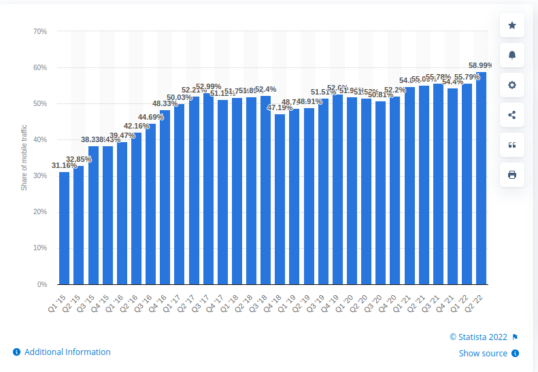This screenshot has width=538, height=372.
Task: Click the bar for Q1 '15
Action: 64,228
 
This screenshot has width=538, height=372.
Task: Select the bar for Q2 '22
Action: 482,178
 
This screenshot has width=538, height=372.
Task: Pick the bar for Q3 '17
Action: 208,188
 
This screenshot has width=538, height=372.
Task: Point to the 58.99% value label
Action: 480,65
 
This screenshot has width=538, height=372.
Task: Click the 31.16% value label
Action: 64,165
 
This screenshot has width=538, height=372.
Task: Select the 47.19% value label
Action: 280,107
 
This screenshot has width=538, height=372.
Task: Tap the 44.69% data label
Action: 150,117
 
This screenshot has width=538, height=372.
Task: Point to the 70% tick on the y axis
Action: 39,31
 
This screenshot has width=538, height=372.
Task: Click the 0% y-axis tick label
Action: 41,284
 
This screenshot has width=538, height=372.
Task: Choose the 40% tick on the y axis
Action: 39,140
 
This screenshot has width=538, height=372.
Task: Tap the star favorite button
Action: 512,27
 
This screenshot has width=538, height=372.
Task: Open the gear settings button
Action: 512,85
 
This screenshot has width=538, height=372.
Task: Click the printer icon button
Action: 512,175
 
